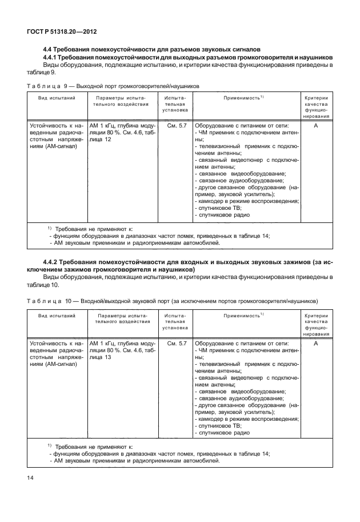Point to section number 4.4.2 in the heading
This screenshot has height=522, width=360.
point(53,262)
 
